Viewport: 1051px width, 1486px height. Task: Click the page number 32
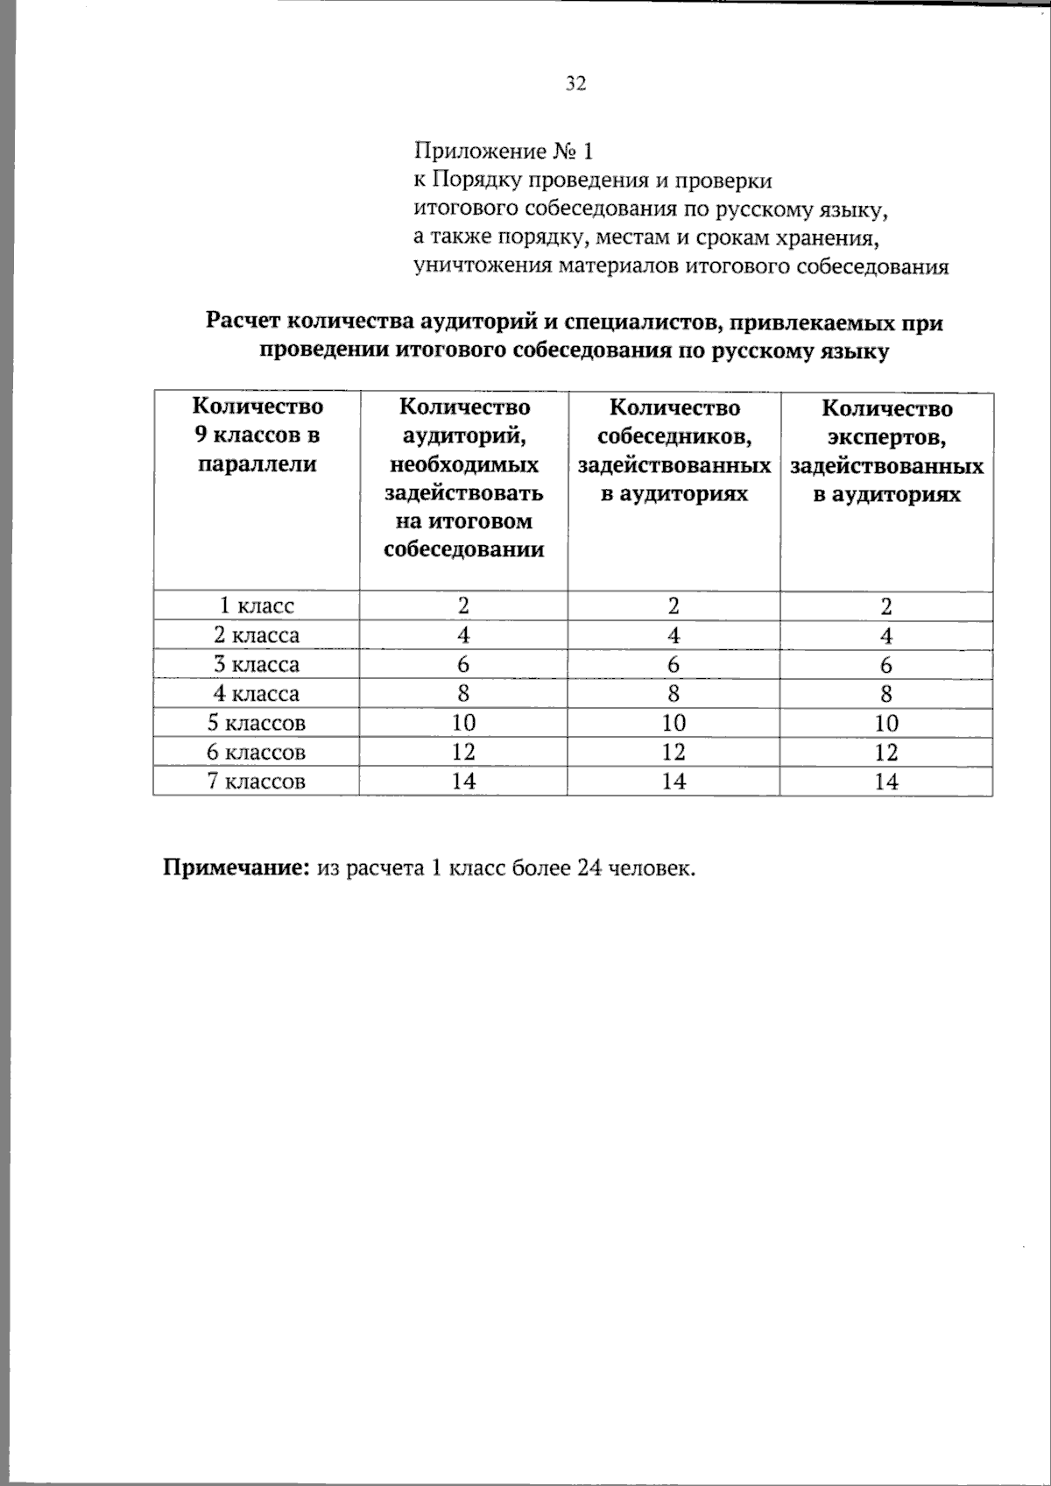[575, 83]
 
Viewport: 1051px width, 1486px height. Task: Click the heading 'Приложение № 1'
[503, 152]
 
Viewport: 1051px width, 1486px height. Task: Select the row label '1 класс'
[257, 605]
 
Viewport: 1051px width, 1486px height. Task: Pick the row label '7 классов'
[257, 782]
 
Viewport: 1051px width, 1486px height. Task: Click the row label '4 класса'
[257, 694]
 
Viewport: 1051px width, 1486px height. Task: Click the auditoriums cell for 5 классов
[463, 723]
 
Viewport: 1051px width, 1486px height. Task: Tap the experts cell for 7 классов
[886, 782]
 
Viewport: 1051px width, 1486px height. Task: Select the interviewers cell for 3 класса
[674, 664]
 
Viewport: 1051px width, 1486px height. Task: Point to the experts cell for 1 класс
[886, 606]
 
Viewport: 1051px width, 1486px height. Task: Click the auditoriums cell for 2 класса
[463, 634]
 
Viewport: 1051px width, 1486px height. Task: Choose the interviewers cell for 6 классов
[674, 752]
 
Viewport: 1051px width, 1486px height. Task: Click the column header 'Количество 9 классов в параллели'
[257, 435]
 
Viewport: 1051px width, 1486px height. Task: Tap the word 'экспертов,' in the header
[887, 437]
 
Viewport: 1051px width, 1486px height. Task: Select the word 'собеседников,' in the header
[674, 436]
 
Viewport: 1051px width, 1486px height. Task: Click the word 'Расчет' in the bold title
[243, 322]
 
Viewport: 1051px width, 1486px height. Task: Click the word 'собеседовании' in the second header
[464, 549]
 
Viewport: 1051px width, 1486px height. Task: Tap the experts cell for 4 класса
[886, 694]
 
